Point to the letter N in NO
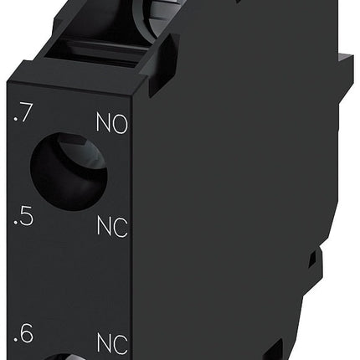(x=104, y=127)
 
